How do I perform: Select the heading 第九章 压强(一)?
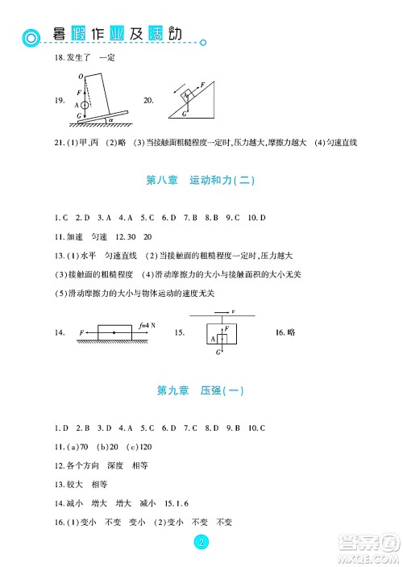tap(200, 391)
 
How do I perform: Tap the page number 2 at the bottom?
tap(200, 542)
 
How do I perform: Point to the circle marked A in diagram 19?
tap(85, 105)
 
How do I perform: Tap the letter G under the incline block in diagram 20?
tap(184, 114)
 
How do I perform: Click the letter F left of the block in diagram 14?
tap(82, 332)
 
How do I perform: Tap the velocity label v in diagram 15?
tap(233, 310)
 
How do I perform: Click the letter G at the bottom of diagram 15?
tap(219, 352)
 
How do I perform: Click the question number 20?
tap(147, 101)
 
